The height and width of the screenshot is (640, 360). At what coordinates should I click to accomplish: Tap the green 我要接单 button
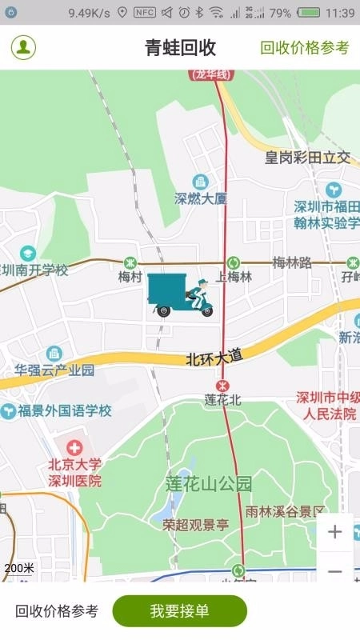tap(179, 611)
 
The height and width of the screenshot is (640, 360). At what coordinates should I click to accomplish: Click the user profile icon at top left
tap(23, 47)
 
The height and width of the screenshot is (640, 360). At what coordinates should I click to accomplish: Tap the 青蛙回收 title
tap(180, 47)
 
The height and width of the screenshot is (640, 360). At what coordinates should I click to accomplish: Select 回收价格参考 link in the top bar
tap(305, 47)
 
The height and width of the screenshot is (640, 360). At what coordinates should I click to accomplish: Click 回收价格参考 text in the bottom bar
tap(57, 611)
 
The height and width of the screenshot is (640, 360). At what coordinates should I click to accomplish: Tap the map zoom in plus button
tap(334, 532)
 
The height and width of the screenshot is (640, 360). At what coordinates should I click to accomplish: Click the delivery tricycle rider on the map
tap(181, 294)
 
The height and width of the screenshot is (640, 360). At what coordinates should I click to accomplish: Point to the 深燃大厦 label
tap(201, 198)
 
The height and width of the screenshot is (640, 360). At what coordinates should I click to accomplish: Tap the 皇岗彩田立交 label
tap(308, 158)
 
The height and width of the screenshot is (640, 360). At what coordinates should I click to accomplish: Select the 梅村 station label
tap(130, 277)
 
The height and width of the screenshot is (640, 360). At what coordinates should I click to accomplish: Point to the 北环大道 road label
tap(214, 357)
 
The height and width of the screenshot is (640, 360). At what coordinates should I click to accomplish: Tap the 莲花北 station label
tap(222, 398)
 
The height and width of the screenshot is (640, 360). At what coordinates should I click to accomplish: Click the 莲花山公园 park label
tap(209, 483)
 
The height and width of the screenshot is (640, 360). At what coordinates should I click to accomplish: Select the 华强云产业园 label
tap(54, 370)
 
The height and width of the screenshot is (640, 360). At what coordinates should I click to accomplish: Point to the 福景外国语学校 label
tap(65, 411)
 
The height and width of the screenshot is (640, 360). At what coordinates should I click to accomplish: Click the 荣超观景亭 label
tap(196, 525)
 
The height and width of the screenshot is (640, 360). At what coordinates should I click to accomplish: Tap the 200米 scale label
tap(19, 568)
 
